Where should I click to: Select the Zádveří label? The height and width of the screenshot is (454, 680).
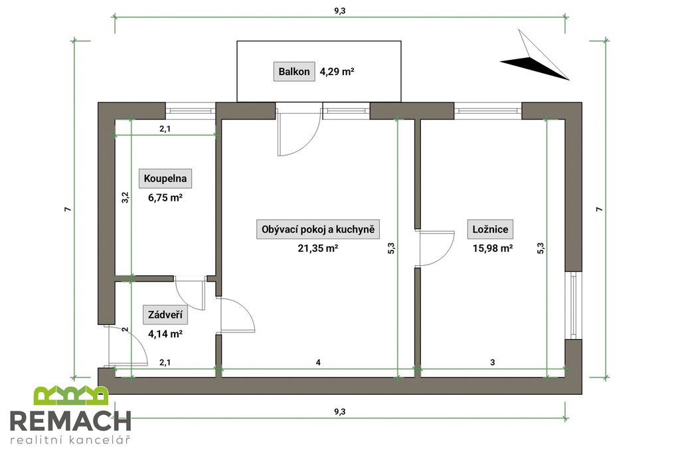coord(163,315)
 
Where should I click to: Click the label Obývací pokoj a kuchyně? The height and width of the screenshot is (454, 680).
coord(317,230)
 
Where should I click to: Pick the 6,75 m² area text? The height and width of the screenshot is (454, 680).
coord(165,197)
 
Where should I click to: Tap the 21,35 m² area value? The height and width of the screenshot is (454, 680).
coord(317,249)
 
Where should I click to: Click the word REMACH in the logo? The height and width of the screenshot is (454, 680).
coord(70,421)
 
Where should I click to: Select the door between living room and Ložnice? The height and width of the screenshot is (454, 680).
coord(435,247)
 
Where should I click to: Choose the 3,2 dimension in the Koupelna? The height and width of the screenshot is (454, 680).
coord(125,198)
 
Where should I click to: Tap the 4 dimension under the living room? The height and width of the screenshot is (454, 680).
coord(319,362)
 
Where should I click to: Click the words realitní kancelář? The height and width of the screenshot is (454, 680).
coord(70,440)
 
